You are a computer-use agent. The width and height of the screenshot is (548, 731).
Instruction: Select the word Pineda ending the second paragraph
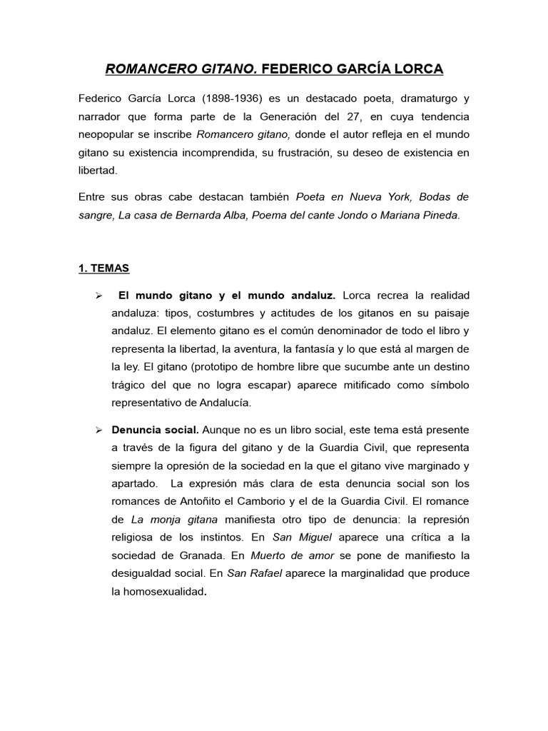click(440, 215)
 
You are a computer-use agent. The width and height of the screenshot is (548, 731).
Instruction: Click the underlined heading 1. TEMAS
click(104, 268)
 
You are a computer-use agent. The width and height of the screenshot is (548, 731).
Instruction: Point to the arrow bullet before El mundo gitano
click(99, 295)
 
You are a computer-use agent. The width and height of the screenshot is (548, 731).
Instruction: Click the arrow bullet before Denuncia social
click(99, 430)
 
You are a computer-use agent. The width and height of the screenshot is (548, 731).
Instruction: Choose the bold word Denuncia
click(135, 430)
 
